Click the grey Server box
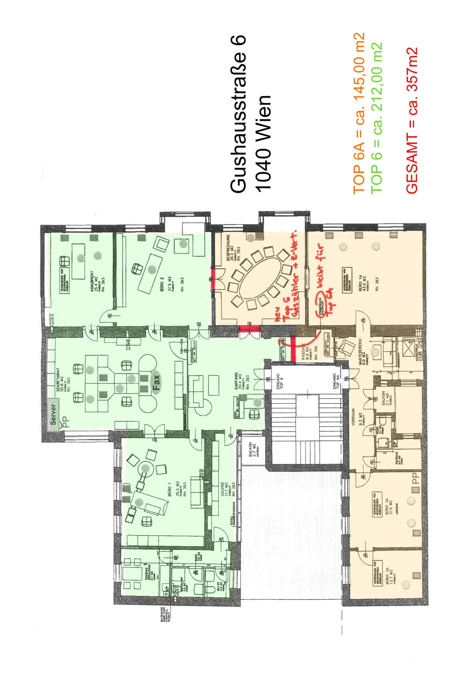coord(53,414)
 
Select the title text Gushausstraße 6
coord(238,115)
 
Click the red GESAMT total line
coord(412,121)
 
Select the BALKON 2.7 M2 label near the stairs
coord(251,450)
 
